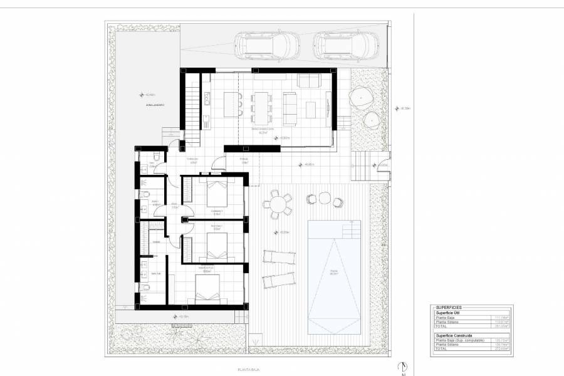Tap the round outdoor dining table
277,204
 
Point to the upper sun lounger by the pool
277,257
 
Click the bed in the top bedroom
216,193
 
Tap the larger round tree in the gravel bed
362,96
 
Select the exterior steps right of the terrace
361,166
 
